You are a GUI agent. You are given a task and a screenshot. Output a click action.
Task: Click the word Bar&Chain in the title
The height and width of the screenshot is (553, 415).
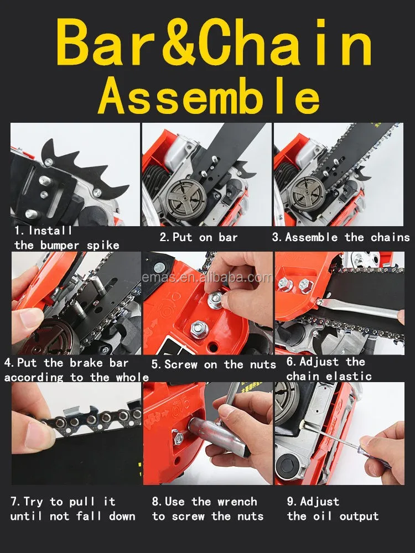tap(214, 43)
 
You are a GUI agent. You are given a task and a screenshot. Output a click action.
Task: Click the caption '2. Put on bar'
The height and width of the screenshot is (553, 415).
tap(199, 237)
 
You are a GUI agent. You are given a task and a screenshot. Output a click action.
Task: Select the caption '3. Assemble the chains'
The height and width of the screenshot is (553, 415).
tap(341, 237)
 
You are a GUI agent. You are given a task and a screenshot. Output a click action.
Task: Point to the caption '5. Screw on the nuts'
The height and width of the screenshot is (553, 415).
tap(214, 364)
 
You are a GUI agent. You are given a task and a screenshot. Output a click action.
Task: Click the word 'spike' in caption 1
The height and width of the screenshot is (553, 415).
tap(103, 246)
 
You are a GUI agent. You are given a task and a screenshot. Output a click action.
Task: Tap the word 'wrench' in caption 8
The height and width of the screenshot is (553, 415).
tap(237, 502)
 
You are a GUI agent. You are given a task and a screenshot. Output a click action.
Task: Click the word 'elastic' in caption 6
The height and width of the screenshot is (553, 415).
tap(349, 376)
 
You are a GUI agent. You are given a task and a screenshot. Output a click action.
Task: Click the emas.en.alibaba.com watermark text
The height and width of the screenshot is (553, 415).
tap(207, 278)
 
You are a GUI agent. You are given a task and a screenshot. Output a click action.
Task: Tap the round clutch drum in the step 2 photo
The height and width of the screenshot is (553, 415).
tap(186, 194)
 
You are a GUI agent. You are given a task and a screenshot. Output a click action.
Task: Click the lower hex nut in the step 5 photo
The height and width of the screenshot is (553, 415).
tap(199, 329)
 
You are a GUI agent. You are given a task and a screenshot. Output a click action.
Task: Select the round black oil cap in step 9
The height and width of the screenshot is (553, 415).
tap(287, 466)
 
